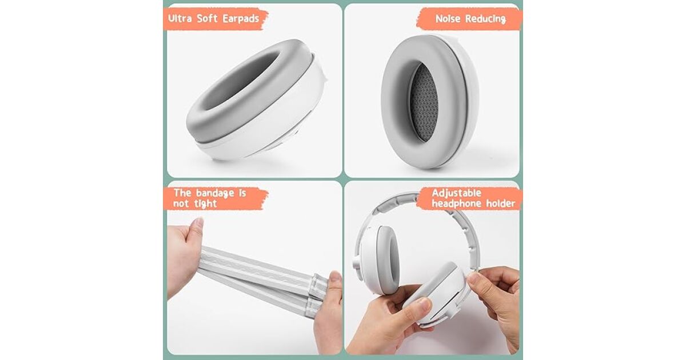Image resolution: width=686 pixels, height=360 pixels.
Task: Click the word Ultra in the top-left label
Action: coord(180,18)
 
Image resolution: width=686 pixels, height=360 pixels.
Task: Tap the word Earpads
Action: coord(241,19)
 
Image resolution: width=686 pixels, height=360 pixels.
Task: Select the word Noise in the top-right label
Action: coord(448,19)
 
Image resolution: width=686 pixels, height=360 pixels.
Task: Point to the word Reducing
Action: coord(485,19)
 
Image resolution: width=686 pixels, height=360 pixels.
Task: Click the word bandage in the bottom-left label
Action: coord(215,193)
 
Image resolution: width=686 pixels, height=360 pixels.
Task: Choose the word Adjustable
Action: coord(457,193)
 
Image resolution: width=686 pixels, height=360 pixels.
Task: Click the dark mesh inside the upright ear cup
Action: coord(424,102)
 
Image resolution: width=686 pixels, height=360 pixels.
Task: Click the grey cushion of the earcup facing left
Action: coord(388,259)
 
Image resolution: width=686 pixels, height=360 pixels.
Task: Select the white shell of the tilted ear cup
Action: coord(276,129)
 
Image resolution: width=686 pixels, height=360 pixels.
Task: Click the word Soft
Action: coord(207,18)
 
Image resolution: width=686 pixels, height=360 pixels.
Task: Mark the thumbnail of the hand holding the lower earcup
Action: coord(424,304)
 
